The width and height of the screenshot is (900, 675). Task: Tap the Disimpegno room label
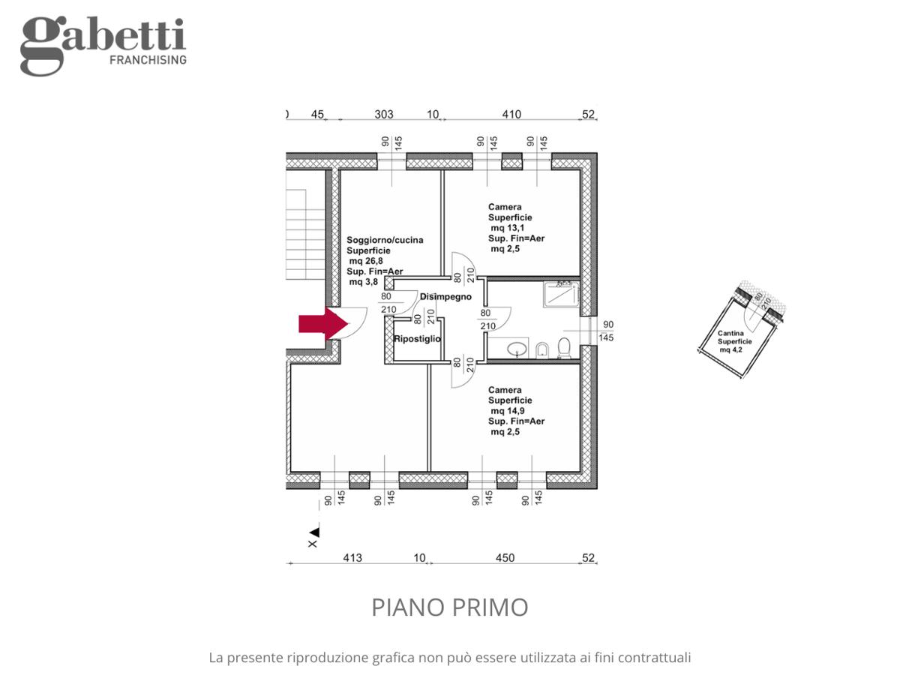445,297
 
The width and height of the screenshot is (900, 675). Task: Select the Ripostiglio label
417,339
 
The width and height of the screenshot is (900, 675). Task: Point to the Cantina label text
730,333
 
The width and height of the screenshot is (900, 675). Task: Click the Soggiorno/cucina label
385,240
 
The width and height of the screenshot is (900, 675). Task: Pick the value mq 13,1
507,228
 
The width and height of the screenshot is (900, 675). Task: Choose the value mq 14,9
507,411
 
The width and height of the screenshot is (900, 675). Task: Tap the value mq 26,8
366,261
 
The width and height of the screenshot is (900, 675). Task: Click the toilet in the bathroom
564,348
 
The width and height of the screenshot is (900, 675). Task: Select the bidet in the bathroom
542,350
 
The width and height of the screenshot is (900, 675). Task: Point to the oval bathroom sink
517,349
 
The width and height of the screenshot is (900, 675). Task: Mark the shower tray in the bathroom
561,294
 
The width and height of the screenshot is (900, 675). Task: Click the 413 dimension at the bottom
352,558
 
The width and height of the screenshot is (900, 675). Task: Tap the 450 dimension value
505,558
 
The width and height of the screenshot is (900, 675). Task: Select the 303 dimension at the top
384,114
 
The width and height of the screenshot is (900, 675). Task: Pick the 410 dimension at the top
511,114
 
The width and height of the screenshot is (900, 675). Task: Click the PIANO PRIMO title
450,607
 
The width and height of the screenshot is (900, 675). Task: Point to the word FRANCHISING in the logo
148,60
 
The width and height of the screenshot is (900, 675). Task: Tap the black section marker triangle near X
314,532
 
